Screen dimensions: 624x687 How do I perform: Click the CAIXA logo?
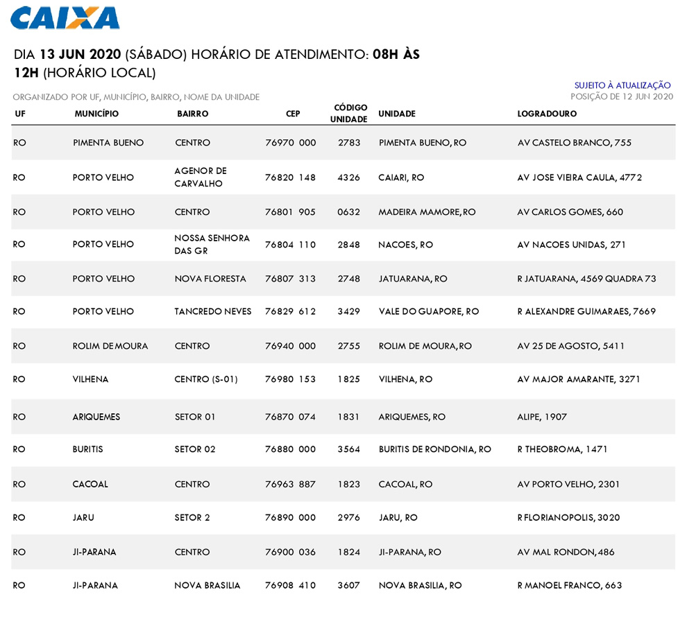pyautogui.click(x=65, y=18)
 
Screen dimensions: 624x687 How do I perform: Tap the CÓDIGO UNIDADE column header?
pyautogui.click(x=350, y=114)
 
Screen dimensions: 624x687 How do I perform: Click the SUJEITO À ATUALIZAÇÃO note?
pyautogui.click(x=622, y=85)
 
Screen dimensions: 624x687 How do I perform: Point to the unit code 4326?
pyautogui.click(x=348, y=177)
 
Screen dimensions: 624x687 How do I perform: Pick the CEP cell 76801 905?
pyautogui.click(x=290, y=212)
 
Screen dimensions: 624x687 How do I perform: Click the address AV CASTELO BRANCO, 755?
pyautogui.click(x=575, y=143)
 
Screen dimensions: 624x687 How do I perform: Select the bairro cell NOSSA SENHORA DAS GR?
pyautogui.click(x=212, y=244)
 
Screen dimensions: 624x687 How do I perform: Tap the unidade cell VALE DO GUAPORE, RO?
pyautogui.click(x=428, y=311)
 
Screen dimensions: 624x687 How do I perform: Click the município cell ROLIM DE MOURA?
pyautogui.click(x=110, y=346)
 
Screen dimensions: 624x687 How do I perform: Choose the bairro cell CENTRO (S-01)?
pyautogui.click(x=206, y=379)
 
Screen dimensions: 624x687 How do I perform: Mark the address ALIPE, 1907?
pyautogui.click(x=542, y=417)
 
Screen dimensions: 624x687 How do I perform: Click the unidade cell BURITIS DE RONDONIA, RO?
pyautogui.click(x=434, y=449)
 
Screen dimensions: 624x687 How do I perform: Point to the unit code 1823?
pyautogui.click(x=348, y=485)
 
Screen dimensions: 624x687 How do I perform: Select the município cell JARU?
pyautogui.click(x=83, y=517)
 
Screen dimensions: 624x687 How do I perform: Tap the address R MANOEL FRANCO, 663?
pyautogui.click(x=569, y=585)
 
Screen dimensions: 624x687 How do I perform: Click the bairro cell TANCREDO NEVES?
pyautogui.click(x=213, y=311)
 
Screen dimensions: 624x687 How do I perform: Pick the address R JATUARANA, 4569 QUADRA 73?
pyautogui.click(x=586, y=279)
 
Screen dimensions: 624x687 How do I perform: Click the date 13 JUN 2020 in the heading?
pyautogui.click(x=81, y=55)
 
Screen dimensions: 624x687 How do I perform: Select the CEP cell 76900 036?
pyautogui.click(x=290, y=552)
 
